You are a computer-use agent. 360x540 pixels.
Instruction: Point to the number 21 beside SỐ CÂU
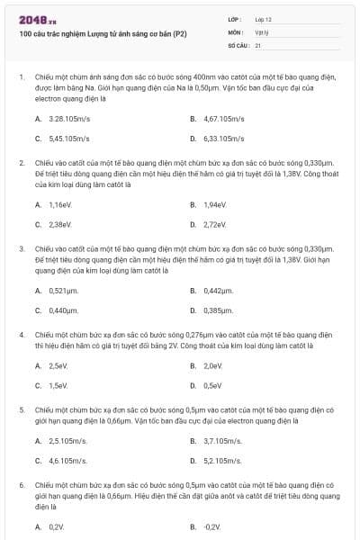(x=258, y=44)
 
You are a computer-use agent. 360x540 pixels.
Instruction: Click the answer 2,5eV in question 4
(x=58, y=365)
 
